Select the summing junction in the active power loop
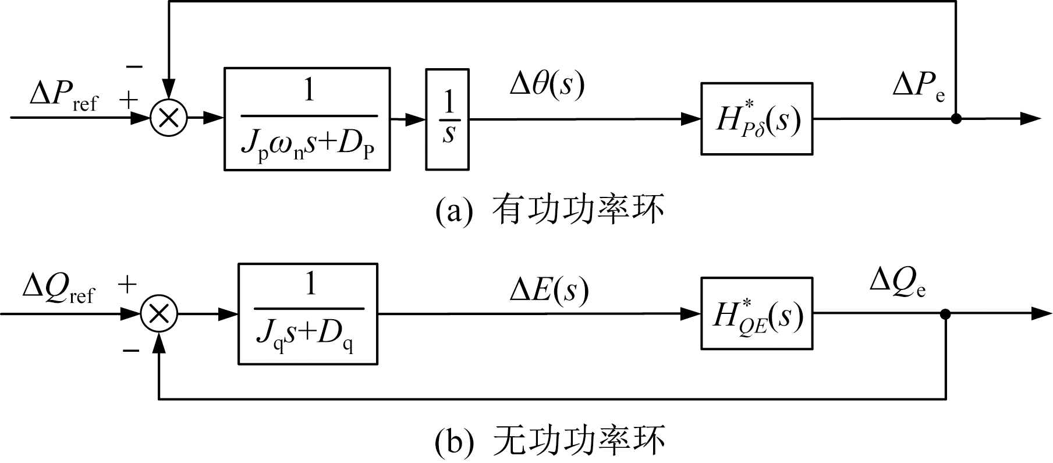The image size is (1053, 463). (x=169, y=118)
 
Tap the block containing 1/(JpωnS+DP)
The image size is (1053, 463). (x=307, y=119)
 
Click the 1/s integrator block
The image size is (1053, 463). (x=447, y=119)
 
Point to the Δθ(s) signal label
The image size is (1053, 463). (x=547, y=85)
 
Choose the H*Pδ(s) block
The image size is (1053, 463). (x=756, y=119)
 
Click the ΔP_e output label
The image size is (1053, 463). (x=919, y=87)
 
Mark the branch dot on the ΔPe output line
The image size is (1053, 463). (x=956, y=119)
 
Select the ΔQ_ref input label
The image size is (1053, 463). (x=58, y=289)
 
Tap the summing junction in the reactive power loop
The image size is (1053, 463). (x=159, y=314)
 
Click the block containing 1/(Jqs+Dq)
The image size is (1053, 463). (x=308, y=314)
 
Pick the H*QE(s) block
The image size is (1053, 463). (x=756, y=314)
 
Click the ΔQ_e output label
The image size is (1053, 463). (x=897, y=284)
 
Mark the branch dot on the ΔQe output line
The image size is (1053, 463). (x=945, y=314)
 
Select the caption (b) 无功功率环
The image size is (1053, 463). (x=549, y=441)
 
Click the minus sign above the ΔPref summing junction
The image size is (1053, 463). (x=134, y=67)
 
